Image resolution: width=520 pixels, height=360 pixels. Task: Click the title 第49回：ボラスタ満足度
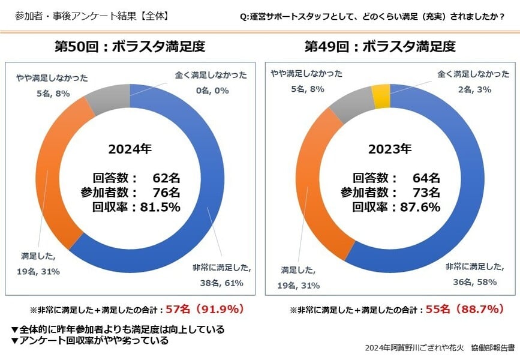click(x=390, y=46)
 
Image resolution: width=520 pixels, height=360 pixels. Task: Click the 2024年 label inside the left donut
click(x=131, y=148)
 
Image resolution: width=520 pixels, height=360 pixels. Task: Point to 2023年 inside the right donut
click(x=390, y=148)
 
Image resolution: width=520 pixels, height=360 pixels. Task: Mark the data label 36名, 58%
click(x=471, y=280)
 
